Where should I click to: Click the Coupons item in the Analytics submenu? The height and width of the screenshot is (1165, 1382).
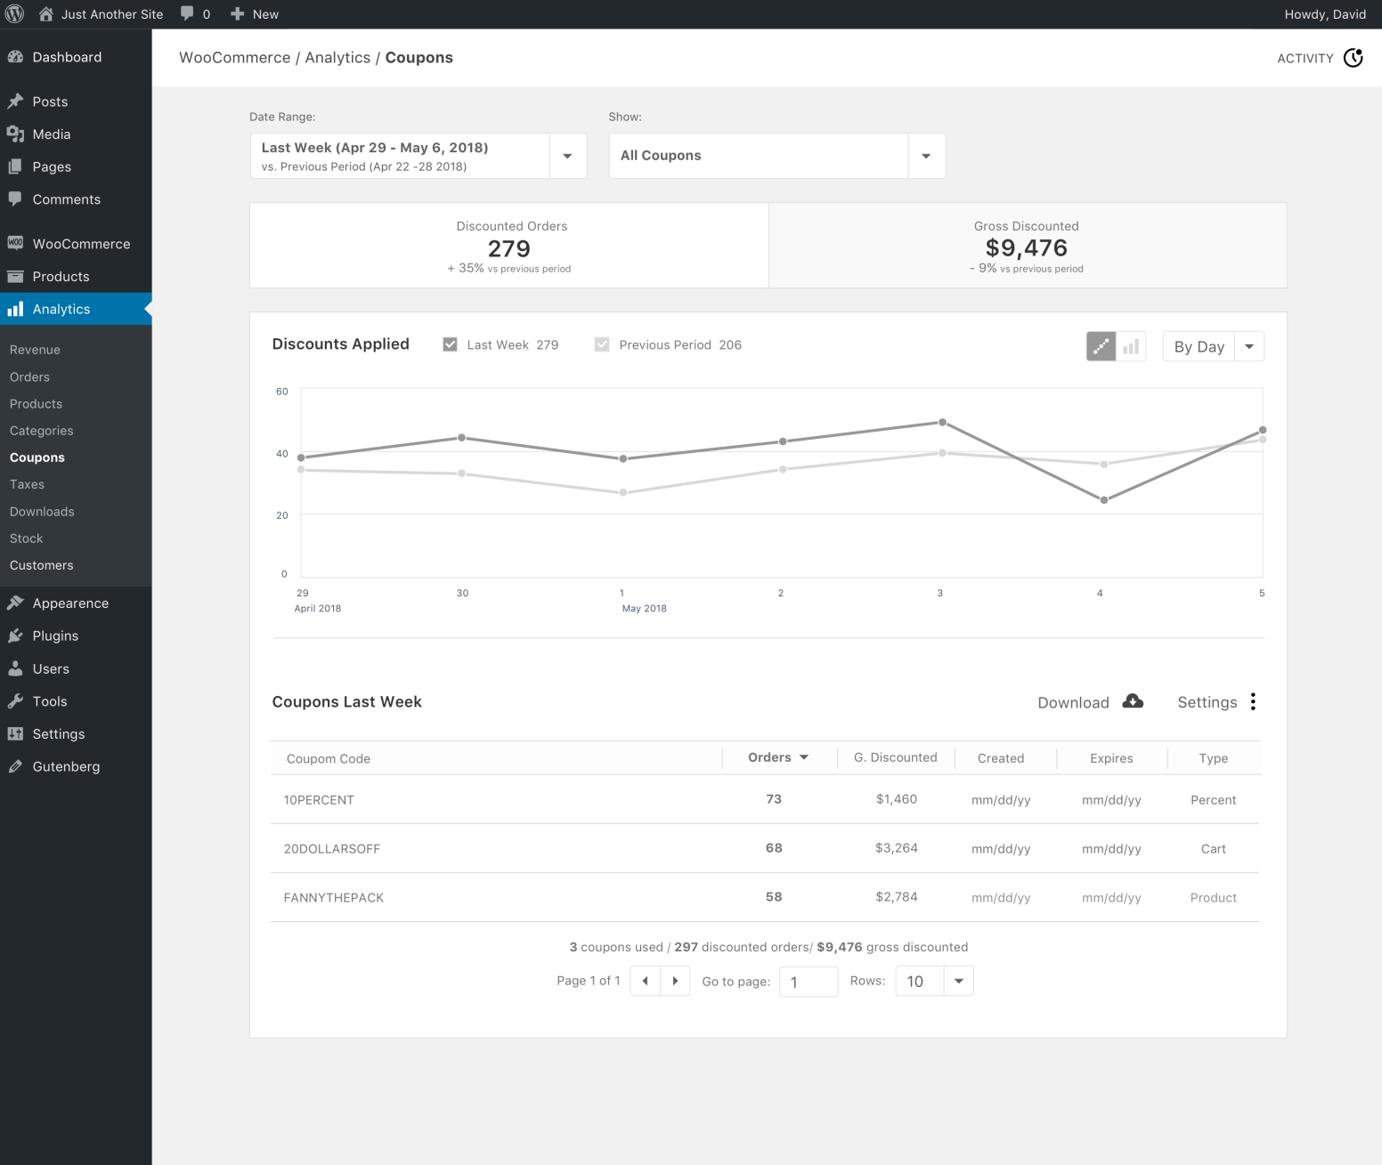coord(37,457)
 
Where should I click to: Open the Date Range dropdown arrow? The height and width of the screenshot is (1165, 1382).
coord(567,156)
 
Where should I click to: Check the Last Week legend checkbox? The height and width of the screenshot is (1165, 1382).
coord(451,344)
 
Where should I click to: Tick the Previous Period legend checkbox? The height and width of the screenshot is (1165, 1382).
coord(602,344)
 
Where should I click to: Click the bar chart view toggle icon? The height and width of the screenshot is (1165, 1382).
coord(1131,346)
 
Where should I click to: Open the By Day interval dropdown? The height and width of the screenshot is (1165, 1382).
coord(1213,346)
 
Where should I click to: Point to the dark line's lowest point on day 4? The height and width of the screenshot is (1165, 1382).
coord(1104,500)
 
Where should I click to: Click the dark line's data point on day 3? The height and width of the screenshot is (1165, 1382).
coord(942,423)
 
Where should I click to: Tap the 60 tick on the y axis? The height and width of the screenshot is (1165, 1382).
coord(282,392)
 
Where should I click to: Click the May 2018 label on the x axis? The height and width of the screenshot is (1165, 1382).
coord(644,609)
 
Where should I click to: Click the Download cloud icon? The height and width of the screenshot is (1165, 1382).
coord(1133,701)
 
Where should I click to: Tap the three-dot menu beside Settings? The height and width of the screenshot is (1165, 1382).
coord(1253,701)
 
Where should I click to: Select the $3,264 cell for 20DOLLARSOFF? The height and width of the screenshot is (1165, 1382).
coord(896,848)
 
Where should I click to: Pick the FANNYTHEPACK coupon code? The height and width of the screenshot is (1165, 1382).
coord(334,898)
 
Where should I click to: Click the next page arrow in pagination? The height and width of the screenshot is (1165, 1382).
coord(675,981)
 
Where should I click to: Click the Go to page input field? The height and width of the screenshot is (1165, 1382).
coord(808,982)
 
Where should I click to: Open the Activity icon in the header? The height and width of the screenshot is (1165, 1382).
coord(1353,58)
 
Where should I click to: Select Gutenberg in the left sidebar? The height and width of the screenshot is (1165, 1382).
coord(66,766)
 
